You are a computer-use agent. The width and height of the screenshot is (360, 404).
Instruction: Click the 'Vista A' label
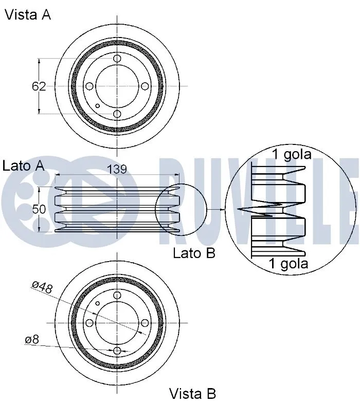[28, 15]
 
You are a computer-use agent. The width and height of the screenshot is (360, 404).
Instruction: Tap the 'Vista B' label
[192, 394]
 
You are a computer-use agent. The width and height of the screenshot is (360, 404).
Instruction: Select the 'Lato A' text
[23, 166]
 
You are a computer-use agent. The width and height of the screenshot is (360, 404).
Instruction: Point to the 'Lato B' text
[194, 253]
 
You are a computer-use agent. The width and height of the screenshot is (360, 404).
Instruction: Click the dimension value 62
[39, 86]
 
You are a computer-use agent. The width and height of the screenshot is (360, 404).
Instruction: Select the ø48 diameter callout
[42, 287]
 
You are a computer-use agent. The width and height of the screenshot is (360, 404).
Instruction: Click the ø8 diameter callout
[31, 340]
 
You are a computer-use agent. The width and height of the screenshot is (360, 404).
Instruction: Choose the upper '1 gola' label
[291, 154]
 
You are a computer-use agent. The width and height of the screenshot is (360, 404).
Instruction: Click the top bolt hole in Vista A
[117, 59]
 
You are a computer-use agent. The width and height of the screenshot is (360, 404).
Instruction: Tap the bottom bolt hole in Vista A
[117, 114]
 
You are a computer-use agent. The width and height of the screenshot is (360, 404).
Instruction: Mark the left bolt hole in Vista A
[89, 86]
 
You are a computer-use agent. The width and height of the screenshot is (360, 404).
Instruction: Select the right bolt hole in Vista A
[145, 86]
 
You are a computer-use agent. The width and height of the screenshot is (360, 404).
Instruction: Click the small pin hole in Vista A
[98, 106]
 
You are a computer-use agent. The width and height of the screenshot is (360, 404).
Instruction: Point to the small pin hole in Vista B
[97, 303]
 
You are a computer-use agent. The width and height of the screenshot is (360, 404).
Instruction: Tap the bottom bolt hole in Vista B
[117, 350]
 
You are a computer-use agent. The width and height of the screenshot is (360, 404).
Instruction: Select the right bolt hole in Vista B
[145, 322]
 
